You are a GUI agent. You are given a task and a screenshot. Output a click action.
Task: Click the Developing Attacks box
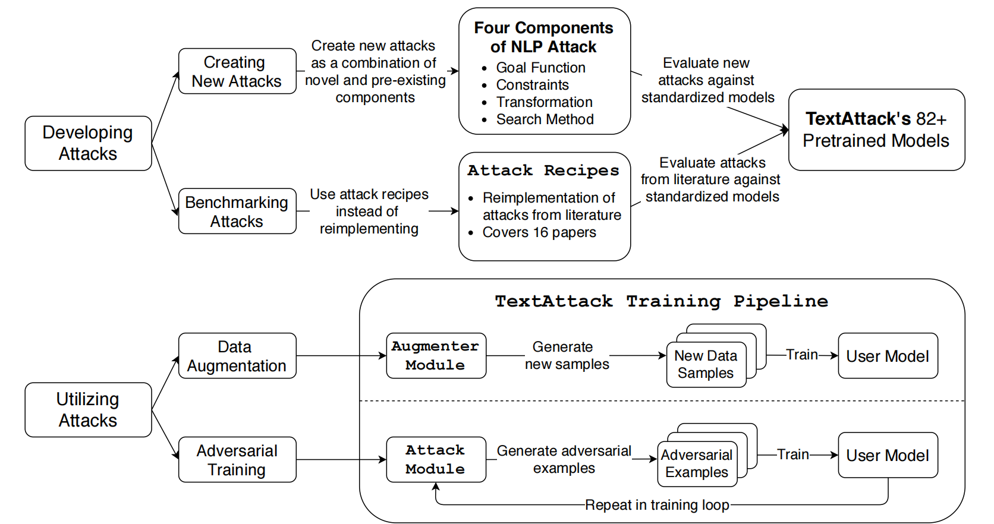[89, 143]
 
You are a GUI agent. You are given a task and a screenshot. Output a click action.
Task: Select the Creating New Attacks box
[237, 71]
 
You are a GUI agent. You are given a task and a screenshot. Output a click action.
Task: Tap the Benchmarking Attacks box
[237, 211]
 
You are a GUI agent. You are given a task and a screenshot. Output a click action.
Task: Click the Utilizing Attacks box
[89, 409]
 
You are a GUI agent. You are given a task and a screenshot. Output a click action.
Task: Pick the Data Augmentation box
[237, 355]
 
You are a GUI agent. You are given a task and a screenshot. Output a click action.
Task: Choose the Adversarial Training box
[237, 460]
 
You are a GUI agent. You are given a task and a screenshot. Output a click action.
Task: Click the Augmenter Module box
[436, 355]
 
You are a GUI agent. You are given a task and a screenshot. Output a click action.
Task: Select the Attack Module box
[436, 460]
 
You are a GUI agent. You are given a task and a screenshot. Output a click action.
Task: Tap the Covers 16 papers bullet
[532, 232]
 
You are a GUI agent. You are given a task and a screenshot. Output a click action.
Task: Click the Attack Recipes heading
[543, 171]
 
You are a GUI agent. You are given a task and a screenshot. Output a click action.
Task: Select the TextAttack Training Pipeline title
[662, 301]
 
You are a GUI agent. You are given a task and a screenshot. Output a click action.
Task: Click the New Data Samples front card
[706, 364]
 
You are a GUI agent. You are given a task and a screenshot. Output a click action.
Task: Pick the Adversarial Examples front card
[697, 464]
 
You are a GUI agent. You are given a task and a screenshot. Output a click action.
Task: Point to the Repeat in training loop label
[657, 505]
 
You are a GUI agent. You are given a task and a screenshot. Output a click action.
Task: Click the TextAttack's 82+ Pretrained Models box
[876, 130]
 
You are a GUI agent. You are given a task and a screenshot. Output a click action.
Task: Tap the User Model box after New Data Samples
[888, 355]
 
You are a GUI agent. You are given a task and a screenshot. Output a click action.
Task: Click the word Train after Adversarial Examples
[793, 454]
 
